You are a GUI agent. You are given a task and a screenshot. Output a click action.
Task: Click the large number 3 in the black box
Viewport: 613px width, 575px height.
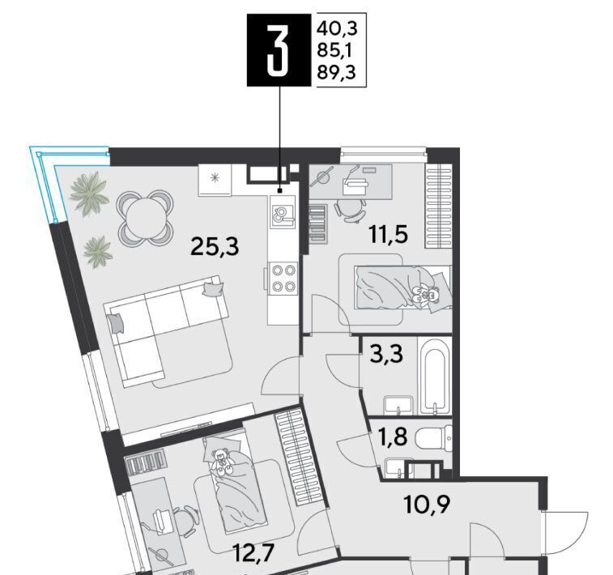[x=279, y=49]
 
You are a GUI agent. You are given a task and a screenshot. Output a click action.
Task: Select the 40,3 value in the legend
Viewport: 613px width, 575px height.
[x=337, y=28]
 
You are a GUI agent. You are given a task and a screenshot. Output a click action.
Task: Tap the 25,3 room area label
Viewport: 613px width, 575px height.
[x=215, y=248]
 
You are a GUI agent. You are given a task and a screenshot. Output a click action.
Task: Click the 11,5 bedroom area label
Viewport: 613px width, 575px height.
[x=389, y=235]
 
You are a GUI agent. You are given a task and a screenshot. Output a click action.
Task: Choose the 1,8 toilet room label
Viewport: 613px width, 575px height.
[x=393, y=437]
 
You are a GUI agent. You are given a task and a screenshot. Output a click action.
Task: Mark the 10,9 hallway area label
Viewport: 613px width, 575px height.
[x=427, y=505]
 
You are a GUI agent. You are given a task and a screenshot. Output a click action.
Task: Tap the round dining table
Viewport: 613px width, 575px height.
[x=145, y=219]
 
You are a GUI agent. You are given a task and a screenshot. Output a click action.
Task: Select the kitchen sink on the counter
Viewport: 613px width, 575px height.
[x=283, y=212]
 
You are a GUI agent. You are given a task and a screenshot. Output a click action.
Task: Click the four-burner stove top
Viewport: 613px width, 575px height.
[x=283, y=279]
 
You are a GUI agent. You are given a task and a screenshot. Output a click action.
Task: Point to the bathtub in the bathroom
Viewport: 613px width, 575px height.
[x=435, y=376]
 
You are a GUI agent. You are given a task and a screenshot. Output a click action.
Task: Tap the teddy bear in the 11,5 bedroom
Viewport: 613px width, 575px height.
[x=426, y=293]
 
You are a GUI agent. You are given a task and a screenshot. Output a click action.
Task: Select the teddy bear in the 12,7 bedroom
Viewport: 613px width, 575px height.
[x=221, y=462]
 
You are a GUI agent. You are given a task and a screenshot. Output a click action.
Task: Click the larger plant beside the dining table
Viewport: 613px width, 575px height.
[x=89, y=194]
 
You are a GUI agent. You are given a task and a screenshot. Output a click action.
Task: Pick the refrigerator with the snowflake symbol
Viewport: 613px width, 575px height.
[x=215, y=180]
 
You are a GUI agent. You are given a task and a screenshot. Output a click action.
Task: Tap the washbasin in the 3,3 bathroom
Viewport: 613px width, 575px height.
[x=398, y=406]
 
